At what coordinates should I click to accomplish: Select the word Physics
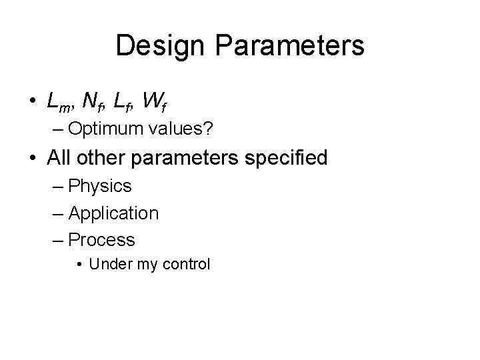(100, 186)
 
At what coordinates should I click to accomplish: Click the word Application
(113, 213)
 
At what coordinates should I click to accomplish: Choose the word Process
(101, 239)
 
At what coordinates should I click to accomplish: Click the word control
(185, 264)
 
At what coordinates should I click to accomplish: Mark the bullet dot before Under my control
(80, 265)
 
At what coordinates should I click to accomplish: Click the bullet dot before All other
(33, 159)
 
